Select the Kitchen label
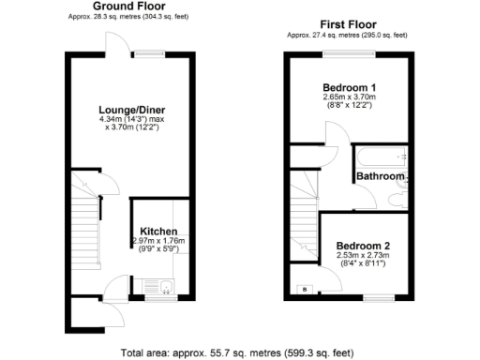click(159, 231)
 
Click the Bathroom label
click(380, 176)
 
